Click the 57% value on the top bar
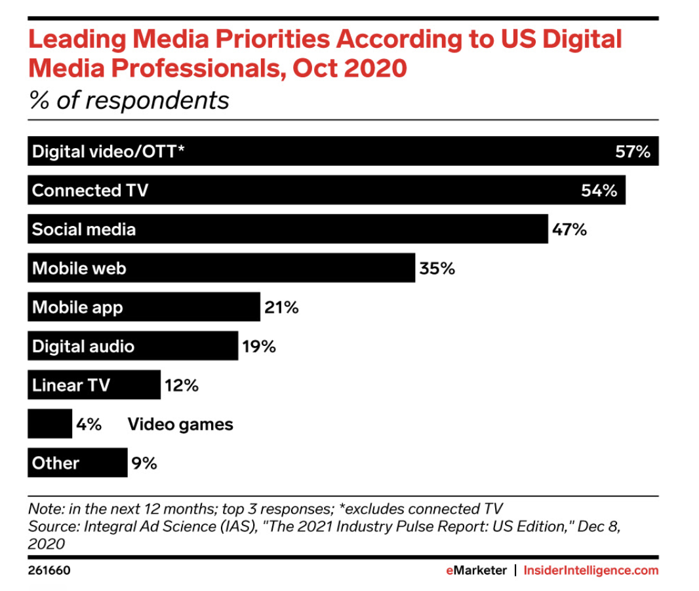[x=632, y=152]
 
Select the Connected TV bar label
[x=90, y=191]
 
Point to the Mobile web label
[x=79, y=269]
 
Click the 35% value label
[x=437, y=269]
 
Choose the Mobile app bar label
[x=77, y=307]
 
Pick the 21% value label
[x=281, y=307]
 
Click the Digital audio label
[x=83, y=347]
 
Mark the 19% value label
[x=259, y=347]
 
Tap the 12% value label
[x=182, y=385]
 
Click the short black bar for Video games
[x=50, y=424]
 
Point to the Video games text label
[x=180, y=425]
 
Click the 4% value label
[x=89, y=425]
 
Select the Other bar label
[x=56, y=463]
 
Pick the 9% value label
[x=144, y=463]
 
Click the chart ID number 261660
[x=49, y=571]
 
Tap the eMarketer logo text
[x=476, y=571]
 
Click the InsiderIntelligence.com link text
[x=591, y=571]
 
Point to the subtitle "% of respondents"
[x=129, y=100]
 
